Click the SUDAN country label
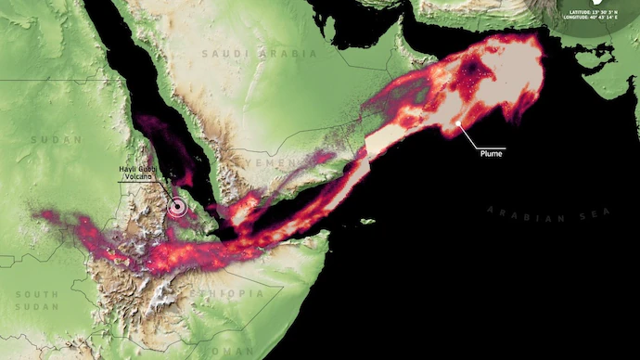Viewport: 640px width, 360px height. (x=44, y=139)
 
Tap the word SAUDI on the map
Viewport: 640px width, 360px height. (x=224, y=54)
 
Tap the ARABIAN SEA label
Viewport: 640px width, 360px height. (x=530, y=212)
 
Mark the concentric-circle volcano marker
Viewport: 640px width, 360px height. (x=177, y=207)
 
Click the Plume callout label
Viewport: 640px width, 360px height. (x=492, y=154)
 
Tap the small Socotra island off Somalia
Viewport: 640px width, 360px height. (x=368, y=221)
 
